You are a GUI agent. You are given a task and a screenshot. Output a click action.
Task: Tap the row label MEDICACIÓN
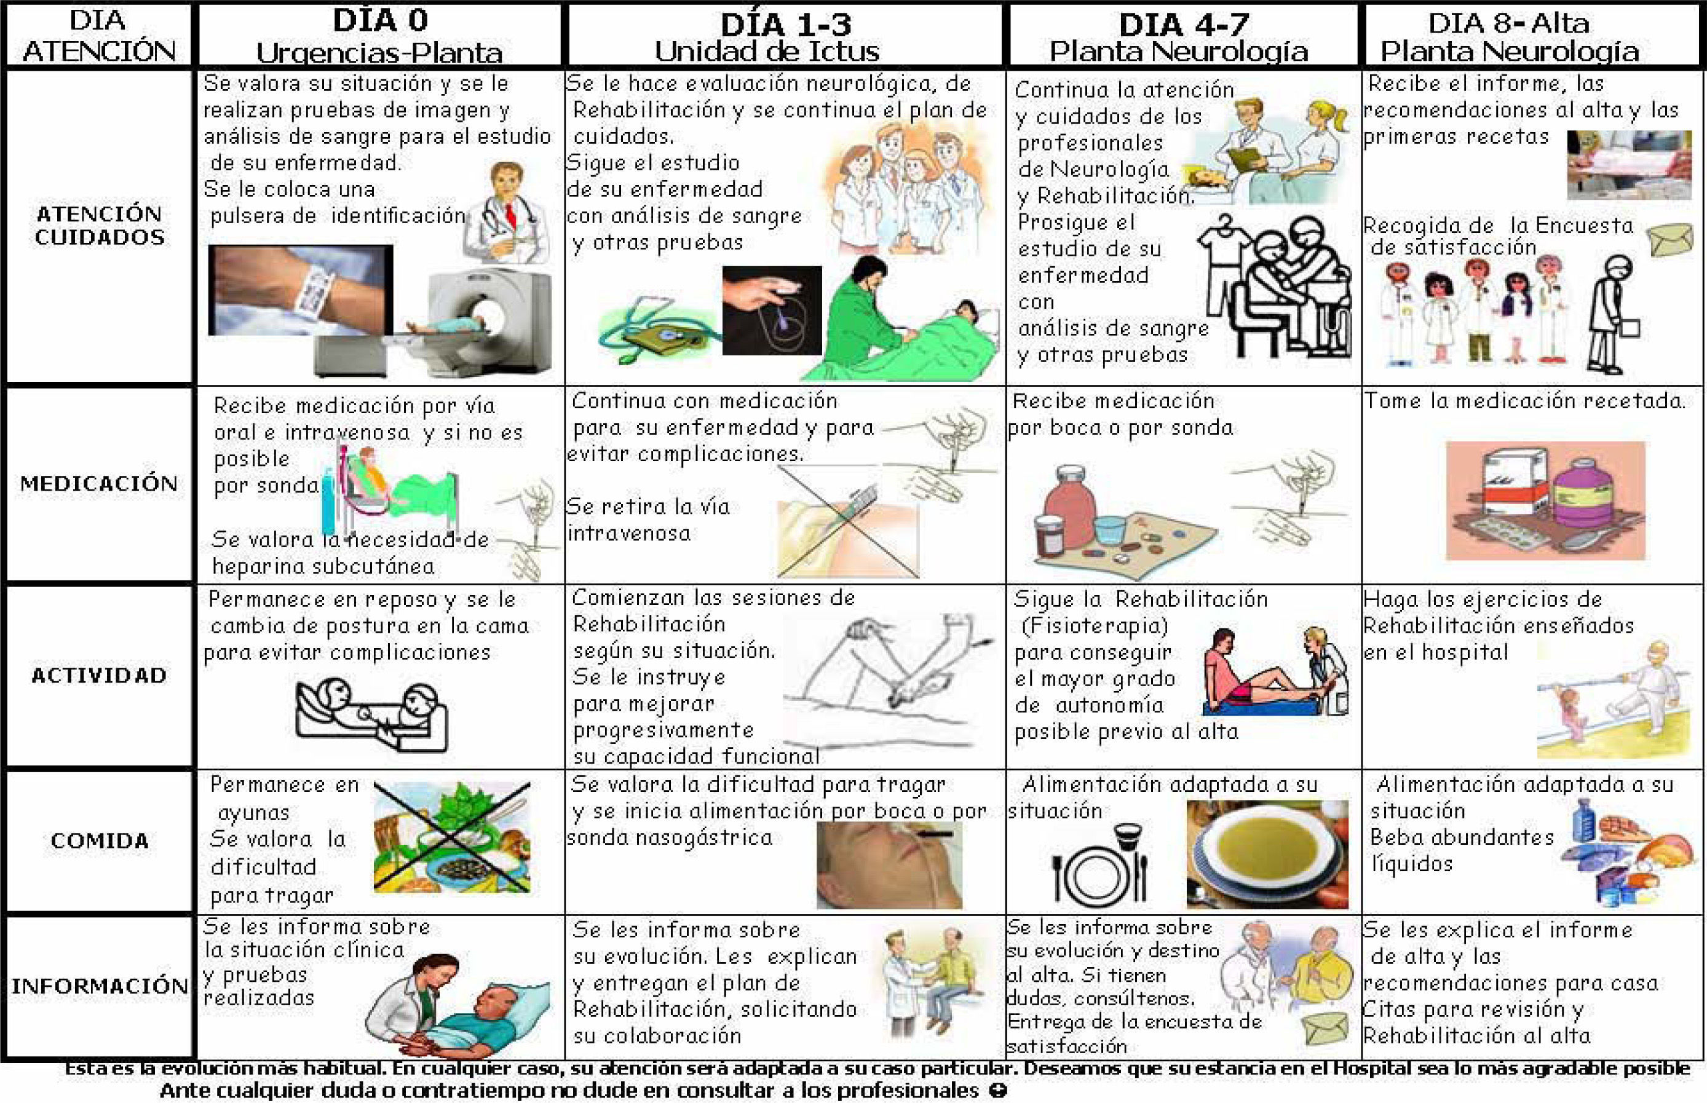click(x=99, y=483)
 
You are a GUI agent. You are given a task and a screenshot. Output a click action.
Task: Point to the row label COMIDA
click(x=100, y=840)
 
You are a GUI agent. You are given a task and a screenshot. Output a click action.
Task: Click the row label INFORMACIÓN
click(x=100, y=986)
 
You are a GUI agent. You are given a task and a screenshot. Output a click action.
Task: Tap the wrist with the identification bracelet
click(x=301, y=290)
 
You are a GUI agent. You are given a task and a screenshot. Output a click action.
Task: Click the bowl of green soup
click(x=1267, y=854)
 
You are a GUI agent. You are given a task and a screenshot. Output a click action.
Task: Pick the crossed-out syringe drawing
click(x=848, y=521)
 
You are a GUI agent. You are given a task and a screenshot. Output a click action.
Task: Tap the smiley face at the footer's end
click(x=998, y=1091)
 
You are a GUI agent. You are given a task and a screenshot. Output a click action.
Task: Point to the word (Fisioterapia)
click(x=1095, y=626)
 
